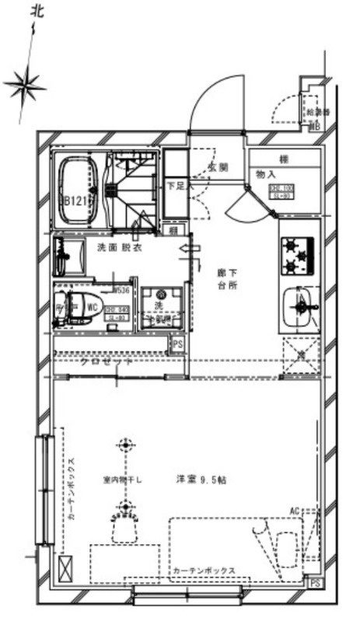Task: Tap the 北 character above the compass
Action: click(x=35, y=11)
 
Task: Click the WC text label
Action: click(x=93, y=307)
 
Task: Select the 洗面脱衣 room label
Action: click(x=119, y=248)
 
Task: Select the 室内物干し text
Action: click(x=124, y=480)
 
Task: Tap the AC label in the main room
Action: click(x=295, y=510)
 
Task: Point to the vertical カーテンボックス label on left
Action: click(x=71, y=487)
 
